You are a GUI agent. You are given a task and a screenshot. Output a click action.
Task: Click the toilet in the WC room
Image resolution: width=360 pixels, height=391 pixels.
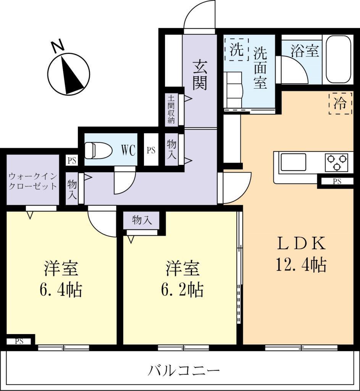tap(98, 150)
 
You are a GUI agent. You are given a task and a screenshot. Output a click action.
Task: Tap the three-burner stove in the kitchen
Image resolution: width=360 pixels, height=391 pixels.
tap(337, 162)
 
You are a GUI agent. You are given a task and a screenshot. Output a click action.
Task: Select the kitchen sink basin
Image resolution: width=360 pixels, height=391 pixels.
tap(294, 162)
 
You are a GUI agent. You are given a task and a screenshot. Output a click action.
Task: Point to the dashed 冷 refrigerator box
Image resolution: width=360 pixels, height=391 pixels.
tap(341, 103)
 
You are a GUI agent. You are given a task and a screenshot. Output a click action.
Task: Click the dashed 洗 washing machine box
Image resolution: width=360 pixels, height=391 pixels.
tap(237, 49)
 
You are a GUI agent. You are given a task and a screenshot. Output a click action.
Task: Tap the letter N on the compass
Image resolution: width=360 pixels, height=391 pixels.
tap(58, 46)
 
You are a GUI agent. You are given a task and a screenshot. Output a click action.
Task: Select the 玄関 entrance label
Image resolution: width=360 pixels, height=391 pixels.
tap(200, 75)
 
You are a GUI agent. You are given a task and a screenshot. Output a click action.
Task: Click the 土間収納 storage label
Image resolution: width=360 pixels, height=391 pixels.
tap(171, 109)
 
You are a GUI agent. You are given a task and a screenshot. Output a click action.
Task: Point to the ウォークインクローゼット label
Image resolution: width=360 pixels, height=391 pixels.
tap(33, 181)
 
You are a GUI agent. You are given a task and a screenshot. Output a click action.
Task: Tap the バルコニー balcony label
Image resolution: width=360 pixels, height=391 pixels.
tap(184, 370)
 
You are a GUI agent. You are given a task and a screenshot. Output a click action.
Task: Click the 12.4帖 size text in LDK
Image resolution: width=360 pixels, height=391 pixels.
tap(301, 265)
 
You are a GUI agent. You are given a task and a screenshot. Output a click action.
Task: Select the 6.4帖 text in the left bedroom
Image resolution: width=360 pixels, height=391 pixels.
tap(61, 289)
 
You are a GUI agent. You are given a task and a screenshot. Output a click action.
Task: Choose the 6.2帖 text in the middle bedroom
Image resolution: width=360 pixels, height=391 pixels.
tap(182, 289)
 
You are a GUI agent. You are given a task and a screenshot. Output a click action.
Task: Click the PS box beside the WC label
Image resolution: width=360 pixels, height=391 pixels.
tap(151, 150)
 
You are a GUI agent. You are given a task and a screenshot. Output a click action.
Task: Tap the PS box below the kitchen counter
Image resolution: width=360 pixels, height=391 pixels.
tap(337, 181)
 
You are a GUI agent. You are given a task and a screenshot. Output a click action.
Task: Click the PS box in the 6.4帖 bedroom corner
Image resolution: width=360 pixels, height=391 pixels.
tap(19, 341)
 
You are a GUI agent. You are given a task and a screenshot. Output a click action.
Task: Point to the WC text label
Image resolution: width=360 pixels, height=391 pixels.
tap(128, 150)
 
